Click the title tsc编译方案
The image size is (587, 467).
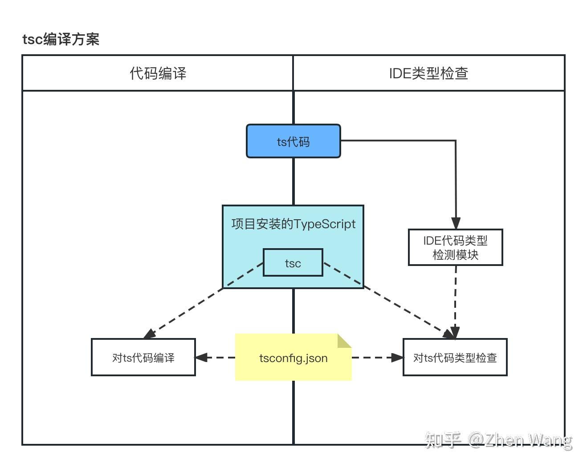pos(61,39)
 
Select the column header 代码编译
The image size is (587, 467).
pos(158,73)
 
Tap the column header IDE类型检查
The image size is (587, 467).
pos(428,73)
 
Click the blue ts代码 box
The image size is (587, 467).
pos(293,141)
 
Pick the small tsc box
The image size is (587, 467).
pos(293,263)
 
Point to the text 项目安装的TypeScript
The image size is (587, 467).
pos(293,224)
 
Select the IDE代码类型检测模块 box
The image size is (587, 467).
pos(455,248)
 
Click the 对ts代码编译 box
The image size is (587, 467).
pos(143,357)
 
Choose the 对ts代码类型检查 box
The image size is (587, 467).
pos(455,357)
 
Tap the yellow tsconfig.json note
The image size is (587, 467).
pos(293,358)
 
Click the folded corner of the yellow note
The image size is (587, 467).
pos(344,341)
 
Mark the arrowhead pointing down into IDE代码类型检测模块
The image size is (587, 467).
pos(456,223)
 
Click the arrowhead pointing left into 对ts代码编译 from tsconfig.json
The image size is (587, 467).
pos(201,357)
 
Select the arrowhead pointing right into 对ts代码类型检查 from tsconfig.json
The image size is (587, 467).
pos(397,357)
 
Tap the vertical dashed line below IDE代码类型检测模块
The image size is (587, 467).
pos(456,298)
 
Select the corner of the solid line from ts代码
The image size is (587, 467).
pos(455,141)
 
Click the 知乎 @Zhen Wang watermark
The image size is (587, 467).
pos(498,440)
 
